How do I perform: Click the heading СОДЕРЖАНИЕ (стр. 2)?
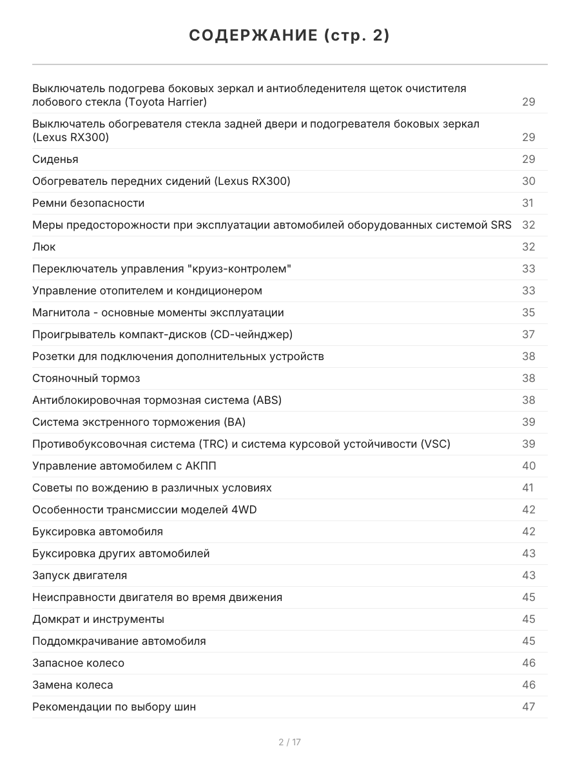[289, 36]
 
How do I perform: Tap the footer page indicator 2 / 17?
[289, 742]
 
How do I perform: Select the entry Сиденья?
[55, 159]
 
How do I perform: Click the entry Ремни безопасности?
[88, 203]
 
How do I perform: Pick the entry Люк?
[44, 247]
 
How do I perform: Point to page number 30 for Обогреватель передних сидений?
[528, 181]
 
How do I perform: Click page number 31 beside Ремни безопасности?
[528, 203]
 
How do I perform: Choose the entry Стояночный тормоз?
[86, 378]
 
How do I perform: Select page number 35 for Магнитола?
[528, 312]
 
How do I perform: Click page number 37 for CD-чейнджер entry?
[528, 334]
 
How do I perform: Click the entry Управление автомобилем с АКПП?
[129, 466]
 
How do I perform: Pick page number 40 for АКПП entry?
[528, 466]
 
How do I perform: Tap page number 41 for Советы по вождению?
[528, 488]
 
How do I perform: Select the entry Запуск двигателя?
[79, 575]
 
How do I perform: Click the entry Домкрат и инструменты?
[98, 619]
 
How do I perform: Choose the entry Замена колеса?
[72, 685]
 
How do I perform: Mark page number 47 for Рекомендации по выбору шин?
[528, 707]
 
